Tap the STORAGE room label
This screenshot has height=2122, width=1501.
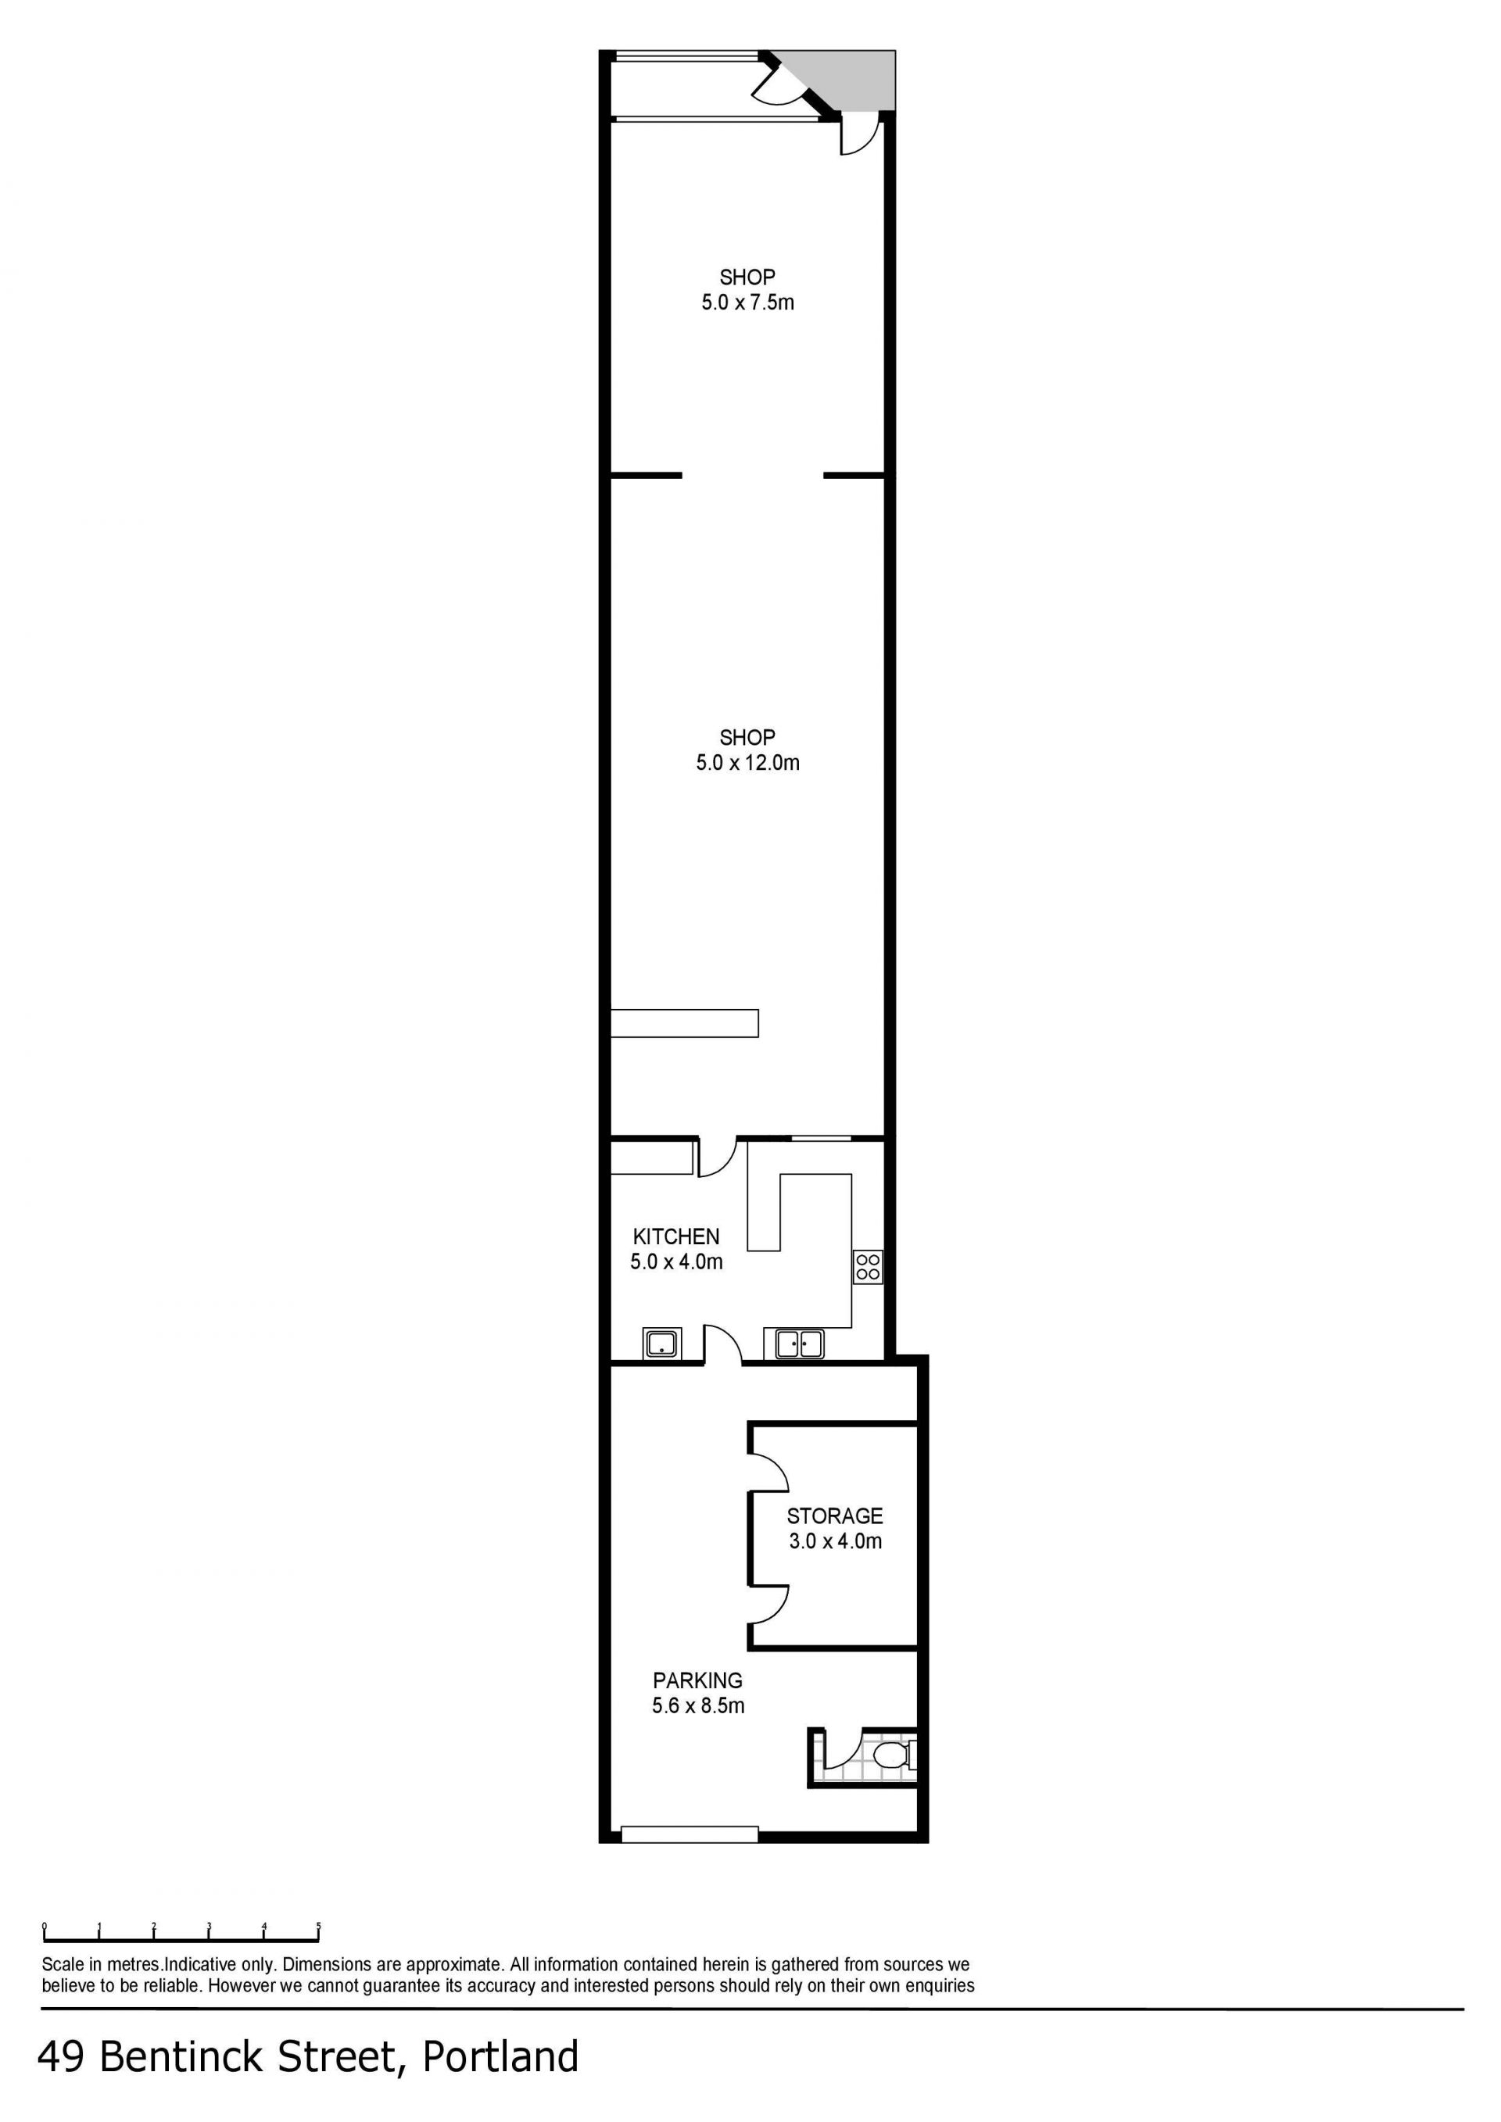pyautogui.click(x=835, y=1515)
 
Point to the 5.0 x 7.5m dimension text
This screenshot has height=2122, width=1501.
pyautogui.click(x=747, y=302)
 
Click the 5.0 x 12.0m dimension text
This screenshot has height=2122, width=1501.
pyautogui.click(x=747, y=763)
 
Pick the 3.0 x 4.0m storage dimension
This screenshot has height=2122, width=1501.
pyautogui.click(x=836, y=1541)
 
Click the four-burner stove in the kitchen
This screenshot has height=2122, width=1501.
pyautogui.click(x=868, y=1266)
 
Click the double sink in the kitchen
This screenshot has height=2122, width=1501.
pyautogui.click(x=800, y=1343)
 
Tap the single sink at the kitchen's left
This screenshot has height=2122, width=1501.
pyautogui.click(x=662, y=1343)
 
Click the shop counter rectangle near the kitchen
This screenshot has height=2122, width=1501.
pyautogui.click(x=685, y=1023)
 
